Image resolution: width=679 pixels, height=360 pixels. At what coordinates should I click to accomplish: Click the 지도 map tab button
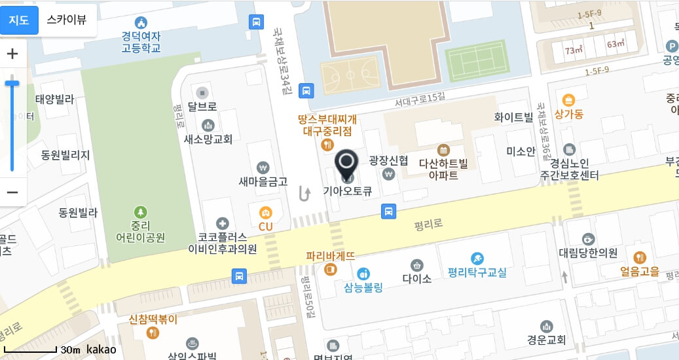pos(19,20)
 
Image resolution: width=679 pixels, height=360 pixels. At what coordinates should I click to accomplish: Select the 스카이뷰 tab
pos(66,20)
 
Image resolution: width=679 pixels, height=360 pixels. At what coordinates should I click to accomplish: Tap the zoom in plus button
pos(12,54)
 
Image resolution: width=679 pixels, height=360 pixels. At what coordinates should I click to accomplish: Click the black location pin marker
pos(347,164)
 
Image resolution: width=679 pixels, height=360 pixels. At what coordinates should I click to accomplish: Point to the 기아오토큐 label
pos(348,192)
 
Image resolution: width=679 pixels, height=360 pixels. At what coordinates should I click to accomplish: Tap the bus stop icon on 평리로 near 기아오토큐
pos(389,211)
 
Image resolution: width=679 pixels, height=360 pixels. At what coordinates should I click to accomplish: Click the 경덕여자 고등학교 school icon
pos(141,23)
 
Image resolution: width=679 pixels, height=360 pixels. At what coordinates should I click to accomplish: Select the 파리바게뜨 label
pos(331,256)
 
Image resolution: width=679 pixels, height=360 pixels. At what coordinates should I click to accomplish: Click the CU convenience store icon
pos(265,211)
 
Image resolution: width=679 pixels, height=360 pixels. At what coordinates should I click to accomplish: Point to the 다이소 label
pos(417,278)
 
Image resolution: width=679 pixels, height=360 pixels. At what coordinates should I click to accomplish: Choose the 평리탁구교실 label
pos(477,272)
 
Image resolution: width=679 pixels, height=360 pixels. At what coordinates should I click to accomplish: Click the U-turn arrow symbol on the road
pos(304,193)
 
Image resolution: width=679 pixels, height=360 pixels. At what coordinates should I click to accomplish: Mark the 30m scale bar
pos(31,352)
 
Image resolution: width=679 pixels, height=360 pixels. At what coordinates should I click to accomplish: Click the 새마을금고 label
pos(263,181)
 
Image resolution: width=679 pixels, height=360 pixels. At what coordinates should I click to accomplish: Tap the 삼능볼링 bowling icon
pos(363,272)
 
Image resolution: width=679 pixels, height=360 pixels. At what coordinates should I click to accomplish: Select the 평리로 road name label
pos(429,224)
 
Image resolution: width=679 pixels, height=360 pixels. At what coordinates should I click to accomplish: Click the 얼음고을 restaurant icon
pos(640,257)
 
